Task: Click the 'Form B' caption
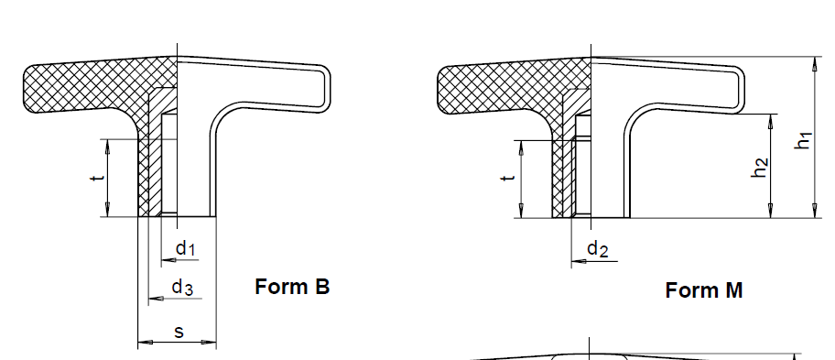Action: pos(292,287)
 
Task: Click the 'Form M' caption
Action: pos(703,290)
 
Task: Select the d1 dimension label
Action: pos(186,248)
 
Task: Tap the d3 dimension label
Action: pos(182,288)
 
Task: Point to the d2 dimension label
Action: pos(598,249)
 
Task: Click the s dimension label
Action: pos(179,332)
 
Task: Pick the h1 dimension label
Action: pos(803,140)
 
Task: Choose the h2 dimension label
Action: pos(760,168)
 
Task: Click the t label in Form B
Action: pos(97,177)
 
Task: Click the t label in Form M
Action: pos(508,178)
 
